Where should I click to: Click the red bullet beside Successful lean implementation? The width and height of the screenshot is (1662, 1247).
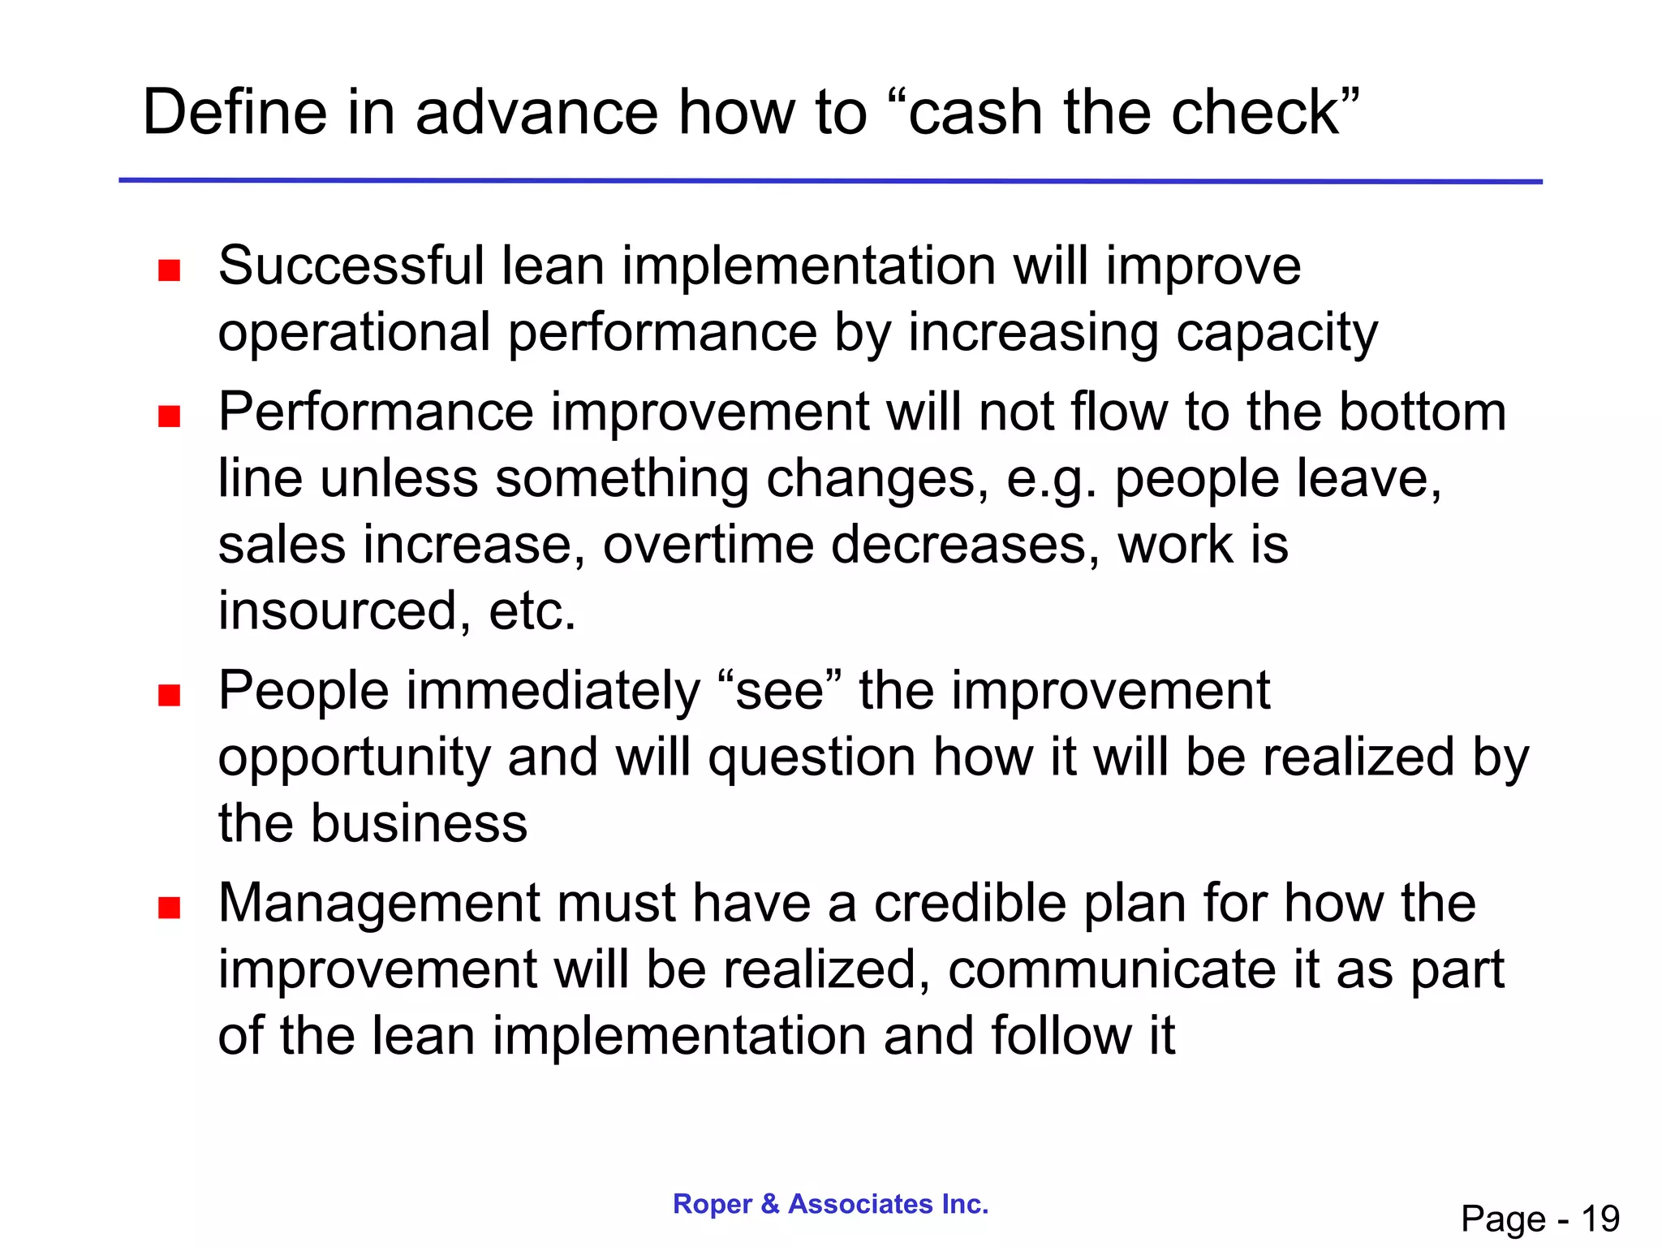coord(169,270)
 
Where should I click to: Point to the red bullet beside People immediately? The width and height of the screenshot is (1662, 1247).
coord(169,696)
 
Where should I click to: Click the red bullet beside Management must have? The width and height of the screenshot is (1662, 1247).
coord(169,908)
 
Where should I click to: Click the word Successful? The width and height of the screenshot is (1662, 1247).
coord(351,266)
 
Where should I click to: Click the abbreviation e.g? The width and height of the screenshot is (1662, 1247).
coord(1052,480)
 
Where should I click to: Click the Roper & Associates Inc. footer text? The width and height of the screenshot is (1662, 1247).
coord(830,1204)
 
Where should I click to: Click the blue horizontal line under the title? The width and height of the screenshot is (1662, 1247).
coord(830,181)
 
